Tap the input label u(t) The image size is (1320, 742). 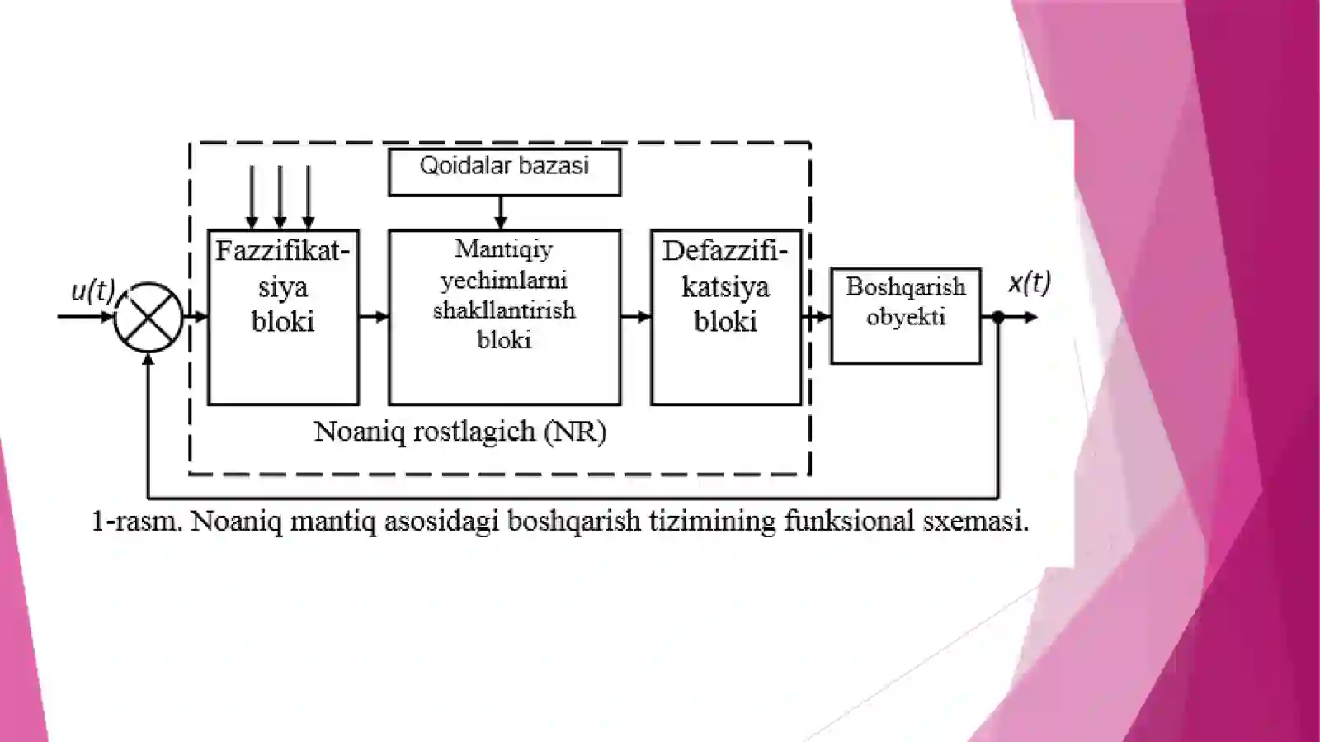[93, 291]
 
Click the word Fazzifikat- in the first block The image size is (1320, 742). [283, 251]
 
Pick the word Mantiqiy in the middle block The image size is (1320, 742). [504, 250]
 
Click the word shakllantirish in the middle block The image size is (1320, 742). [504, 310]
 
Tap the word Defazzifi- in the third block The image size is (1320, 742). [725, 251]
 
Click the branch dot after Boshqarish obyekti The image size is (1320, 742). [998, 317]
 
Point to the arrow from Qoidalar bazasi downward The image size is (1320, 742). [500, 212]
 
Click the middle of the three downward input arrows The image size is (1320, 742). [280, 197]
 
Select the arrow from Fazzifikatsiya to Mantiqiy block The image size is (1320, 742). [375, 317]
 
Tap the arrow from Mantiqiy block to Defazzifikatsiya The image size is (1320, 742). [636, 317]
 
